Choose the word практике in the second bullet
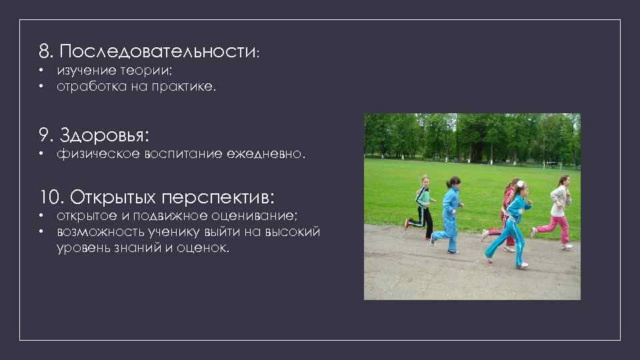point(187,86)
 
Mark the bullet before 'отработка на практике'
point(41,86)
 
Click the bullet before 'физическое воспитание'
point(41,154)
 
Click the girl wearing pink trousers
point(558,210)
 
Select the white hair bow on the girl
point(519,184)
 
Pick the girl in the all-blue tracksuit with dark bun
point(450,213)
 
